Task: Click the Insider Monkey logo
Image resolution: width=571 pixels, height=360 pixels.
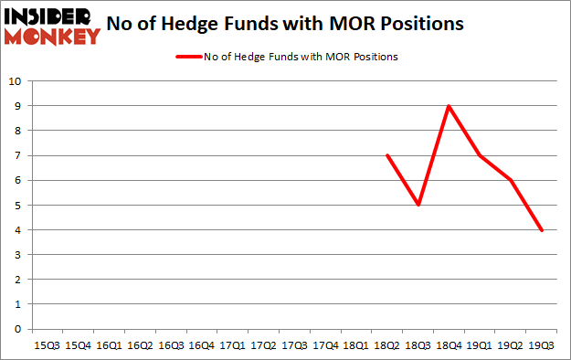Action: coord(52,26)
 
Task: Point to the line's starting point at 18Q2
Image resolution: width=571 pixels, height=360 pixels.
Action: coord(387,155)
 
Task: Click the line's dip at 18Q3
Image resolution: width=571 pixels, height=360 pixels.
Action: coord(418,205)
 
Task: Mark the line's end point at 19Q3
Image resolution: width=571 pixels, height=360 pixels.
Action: coord(542,229)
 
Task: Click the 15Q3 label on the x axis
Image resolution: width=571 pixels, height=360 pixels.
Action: coord(47,345)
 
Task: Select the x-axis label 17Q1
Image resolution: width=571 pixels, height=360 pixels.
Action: coord(232,345)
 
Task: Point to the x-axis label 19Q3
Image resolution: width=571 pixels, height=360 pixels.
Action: coord(542,345)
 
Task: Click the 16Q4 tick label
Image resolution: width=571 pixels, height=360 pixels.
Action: coord(202,345)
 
